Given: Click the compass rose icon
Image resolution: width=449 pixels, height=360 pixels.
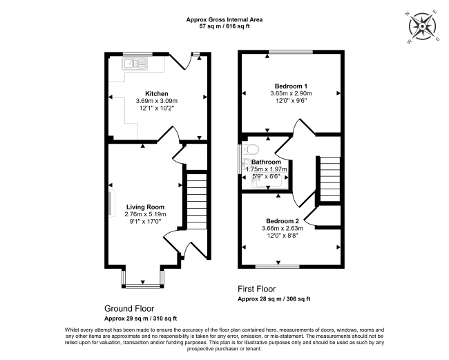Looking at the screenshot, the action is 422,27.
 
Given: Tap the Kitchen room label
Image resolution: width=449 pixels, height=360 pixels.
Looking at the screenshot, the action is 157,94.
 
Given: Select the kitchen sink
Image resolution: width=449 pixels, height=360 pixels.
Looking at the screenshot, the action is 135,64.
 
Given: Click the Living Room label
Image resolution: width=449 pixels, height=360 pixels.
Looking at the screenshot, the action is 146,207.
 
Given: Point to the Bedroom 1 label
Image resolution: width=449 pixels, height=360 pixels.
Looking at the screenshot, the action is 291,86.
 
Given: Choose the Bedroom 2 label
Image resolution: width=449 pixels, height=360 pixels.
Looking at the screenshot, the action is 283,221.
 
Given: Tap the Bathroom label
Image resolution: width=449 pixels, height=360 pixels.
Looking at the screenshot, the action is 267,162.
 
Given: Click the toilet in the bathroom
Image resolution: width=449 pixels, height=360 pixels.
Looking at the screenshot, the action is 251,149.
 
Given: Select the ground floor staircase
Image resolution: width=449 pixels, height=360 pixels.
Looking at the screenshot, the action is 197,201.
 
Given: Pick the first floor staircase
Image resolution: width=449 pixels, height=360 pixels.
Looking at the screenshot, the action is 329,180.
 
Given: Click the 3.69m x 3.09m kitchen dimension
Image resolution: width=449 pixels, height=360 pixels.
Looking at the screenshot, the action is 157,101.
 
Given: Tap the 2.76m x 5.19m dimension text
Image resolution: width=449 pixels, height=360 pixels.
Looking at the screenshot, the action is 146,214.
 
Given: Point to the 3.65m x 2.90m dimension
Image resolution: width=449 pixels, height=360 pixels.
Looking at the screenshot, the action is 291,93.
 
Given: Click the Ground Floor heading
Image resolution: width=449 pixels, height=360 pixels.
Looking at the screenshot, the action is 129,308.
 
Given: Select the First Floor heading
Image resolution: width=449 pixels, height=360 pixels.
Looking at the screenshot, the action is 257,289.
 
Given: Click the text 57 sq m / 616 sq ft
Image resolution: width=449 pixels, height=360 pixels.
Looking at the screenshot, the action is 224,26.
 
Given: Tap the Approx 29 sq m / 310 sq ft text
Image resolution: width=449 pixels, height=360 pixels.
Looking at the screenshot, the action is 141,319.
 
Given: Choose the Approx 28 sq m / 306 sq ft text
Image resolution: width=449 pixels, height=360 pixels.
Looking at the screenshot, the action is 274,299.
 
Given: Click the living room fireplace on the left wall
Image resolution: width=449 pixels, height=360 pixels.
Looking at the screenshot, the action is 111,203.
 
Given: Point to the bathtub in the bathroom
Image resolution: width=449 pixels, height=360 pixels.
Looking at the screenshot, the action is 267,180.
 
